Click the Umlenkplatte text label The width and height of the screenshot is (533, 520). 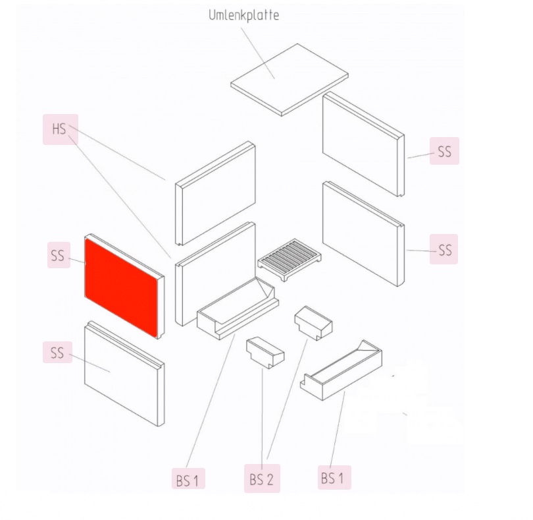[x=243, y=15]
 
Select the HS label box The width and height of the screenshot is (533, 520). [x=61, y=129]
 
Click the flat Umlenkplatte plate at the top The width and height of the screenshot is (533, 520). [x=290, y=80]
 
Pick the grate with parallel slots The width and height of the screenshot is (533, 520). [x=290, y=260]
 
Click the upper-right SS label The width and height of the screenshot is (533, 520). [x=444, y=151]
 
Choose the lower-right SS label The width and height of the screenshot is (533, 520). [x=444, y=249]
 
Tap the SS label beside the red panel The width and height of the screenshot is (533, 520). [x=59, y=255]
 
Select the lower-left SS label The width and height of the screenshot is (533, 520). [x=57, y=352]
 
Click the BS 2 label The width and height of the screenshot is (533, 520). [x=262, y=478]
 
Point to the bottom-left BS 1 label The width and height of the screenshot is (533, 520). [x=188, y=478]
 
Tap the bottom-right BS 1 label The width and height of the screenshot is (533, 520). [x=334, y=477]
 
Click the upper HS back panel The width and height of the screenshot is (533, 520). [x=216, y=193]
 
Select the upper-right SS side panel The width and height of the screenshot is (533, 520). [x=363, y=144]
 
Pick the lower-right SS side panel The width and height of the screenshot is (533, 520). [x=363, y=234]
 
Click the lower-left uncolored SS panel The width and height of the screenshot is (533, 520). [x=124, y=373]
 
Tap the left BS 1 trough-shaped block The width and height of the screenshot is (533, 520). [x=238, y=308]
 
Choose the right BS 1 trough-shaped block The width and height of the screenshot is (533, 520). [x=341, y=370]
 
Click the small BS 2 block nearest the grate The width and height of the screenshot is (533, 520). [x=313, y=323]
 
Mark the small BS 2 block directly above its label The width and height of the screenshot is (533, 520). [x=265, y=353]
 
